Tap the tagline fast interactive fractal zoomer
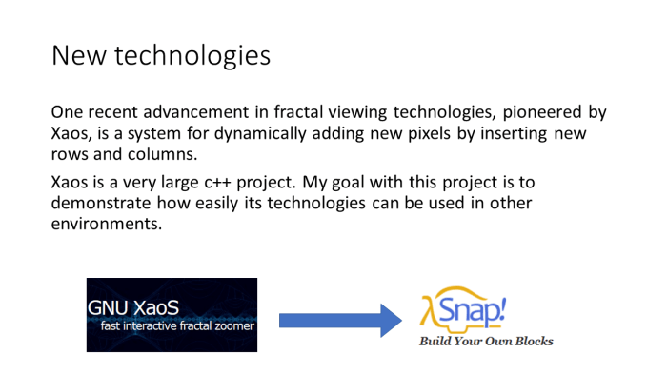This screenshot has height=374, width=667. pyautogui.click(x=177, y=326)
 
